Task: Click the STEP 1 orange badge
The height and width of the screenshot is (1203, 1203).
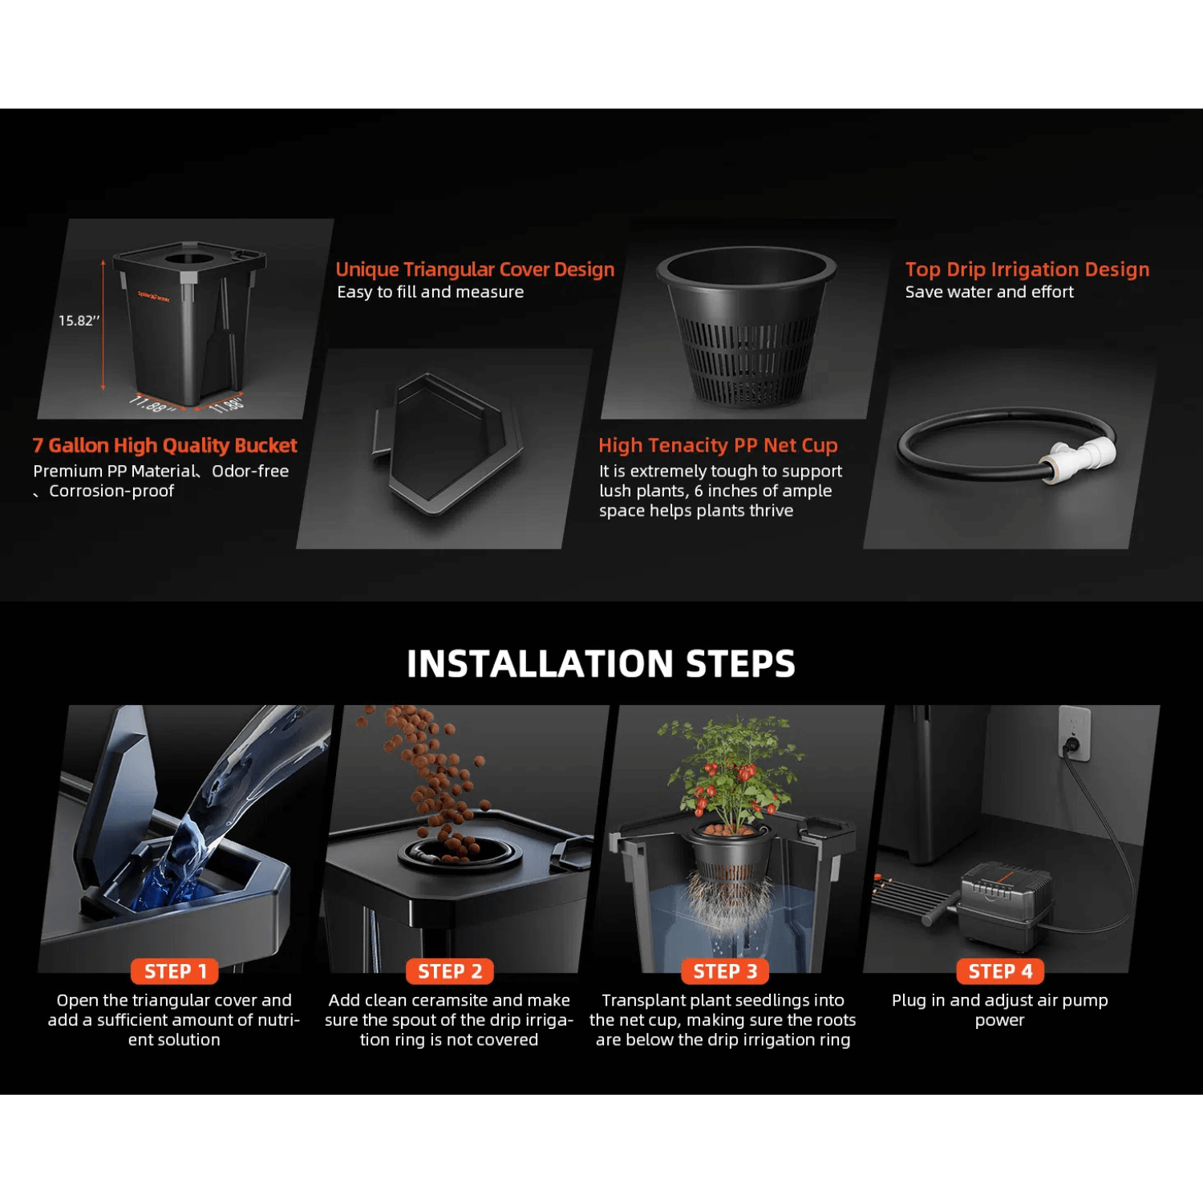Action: point(175,971)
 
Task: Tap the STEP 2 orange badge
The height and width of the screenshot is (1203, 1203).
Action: point(450,971)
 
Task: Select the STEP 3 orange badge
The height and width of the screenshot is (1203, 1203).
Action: point(725,971)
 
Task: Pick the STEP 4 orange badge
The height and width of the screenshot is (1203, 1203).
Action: point(1000,971)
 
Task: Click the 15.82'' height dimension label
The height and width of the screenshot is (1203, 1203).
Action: point(79,321)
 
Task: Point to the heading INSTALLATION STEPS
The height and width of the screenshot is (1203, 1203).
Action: point(601,664)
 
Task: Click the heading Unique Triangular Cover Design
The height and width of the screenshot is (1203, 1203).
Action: point(475,269)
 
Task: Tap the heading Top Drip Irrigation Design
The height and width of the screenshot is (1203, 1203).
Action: point(1027,269)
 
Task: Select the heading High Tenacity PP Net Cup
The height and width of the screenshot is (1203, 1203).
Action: point(718,445)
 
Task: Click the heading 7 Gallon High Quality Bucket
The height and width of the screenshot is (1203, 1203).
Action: point(164,445)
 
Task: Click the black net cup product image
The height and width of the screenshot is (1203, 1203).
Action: point(746,325)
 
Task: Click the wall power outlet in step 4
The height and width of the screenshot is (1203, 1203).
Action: point(1074,734)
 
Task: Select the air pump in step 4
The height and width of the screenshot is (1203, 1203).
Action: point(1007,902)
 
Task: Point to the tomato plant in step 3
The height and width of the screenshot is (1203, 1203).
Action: point(730,770)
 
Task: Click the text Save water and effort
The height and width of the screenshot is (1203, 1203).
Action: point(989,293)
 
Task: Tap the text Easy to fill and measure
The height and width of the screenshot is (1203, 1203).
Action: point(430,293)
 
